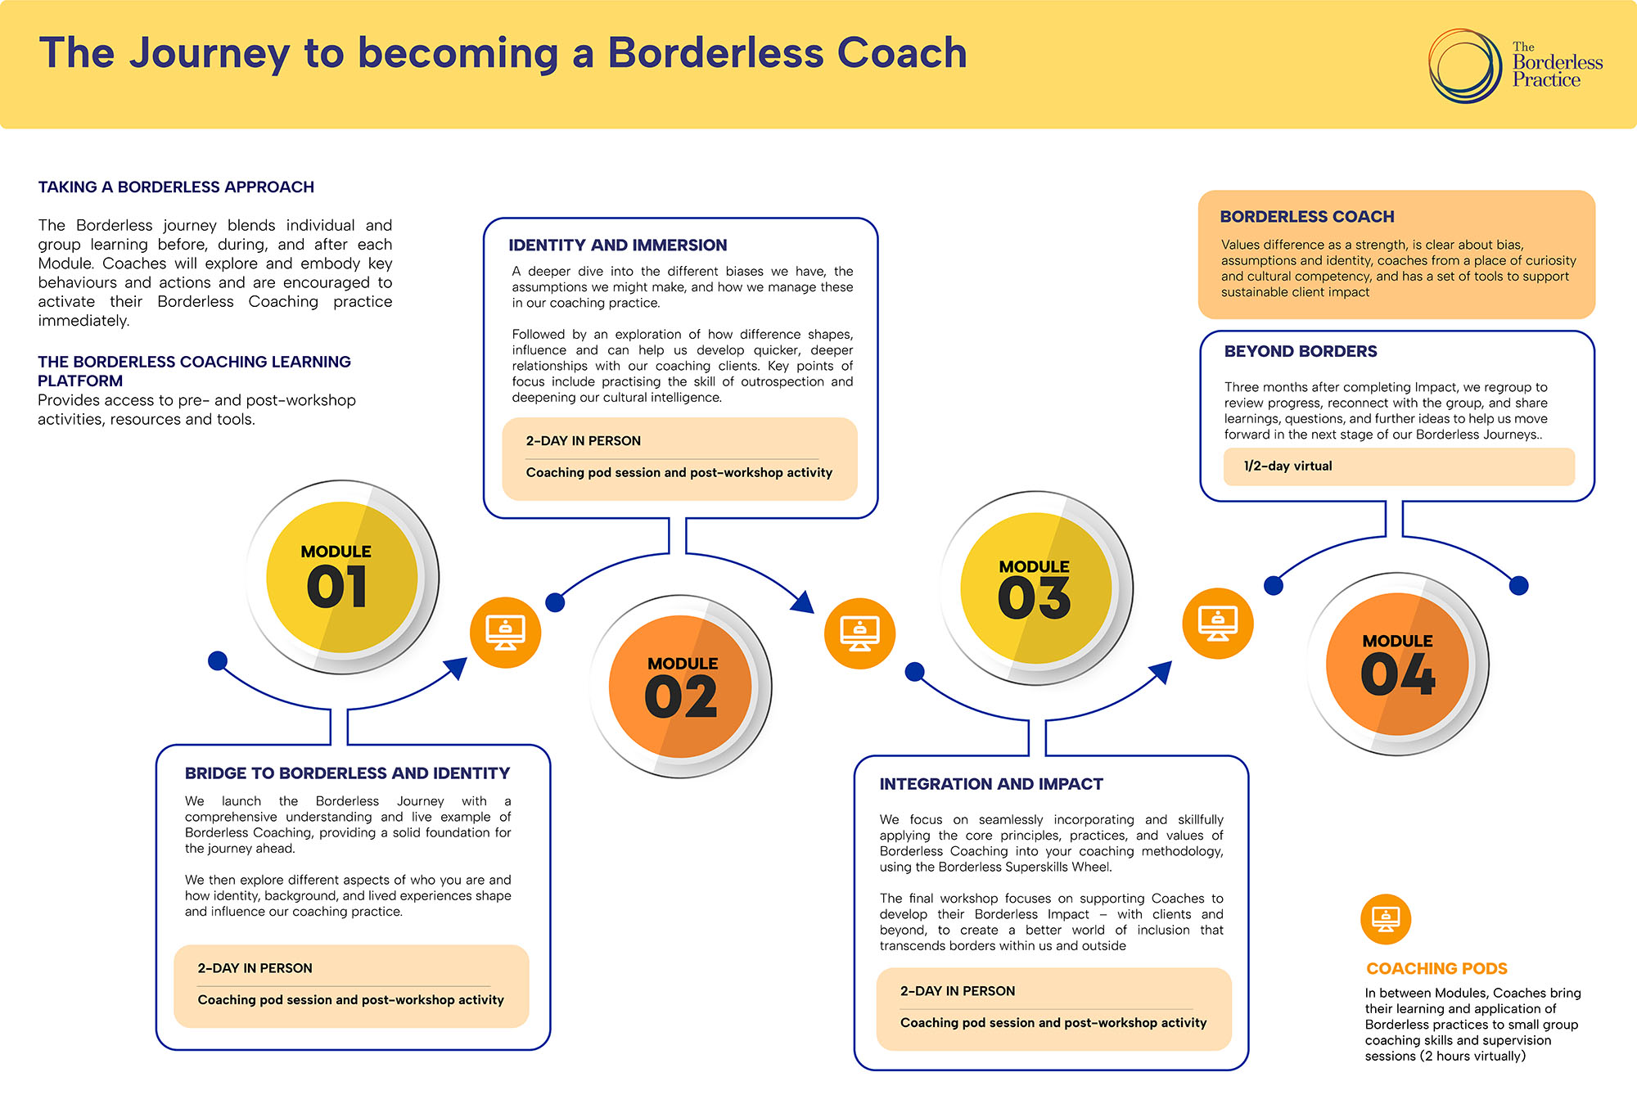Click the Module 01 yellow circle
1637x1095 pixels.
click(x=342, y=577)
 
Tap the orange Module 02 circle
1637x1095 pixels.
click(x=681, y=686)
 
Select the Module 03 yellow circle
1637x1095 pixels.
click(x=1035, y=588)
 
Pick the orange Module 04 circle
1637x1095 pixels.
click(x=1398, y=664)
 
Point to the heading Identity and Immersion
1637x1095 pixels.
click(x=617, y=245)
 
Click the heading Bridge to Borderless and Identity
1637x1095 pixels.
click(x=347, y=773)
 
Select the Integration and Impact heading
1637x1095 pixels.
click(x=990, y=783)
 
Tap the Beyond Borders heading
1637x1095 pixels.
click(x=1300, y=351)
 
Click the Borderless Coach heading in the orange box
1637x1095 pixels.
click(x=1306, y=216)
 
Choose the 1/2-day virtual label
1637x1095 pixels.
click(x=1288, y=466)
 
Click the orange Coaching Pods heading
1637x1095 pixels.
click(x=1436, y=968)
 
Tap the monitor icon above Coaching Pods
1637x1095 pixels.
click(x=1385, y=919)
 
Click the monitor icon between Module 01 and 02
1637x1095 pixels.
click(x=505, y=632)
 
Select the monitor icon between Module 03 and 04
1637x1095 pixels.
click(x=1217, y=623)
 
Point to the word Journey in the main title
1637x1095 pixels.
click(x=210, y=54)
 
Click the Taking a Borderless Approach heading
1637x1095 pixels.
click(x=176, y=187)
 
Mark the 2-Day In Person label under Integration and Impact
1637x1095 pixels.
click(x=957, y=990)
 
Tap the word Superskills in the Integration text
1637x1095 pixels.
click(x=1039, y=867)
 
